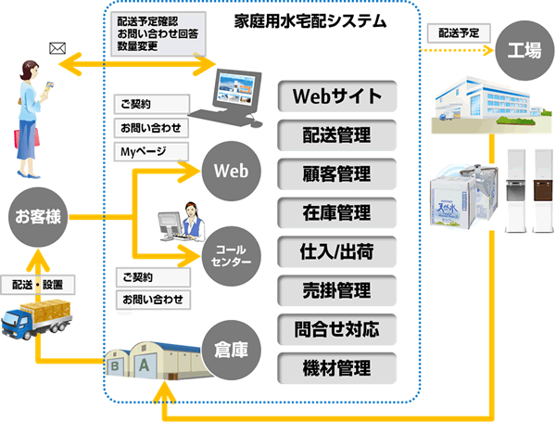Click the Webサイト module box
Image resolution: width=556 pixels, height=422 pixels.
336,96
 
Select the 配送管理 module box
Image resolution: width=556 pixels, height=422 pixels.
336,134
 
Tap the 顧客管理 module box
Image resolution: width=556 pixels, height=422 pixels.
336,173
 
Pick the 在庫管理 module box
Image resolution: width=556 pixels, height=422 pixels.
336,212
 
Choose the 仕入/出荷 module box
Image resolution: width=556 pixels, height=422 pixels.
336,251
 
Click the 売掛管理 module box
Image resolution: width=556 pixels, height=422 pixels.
336,290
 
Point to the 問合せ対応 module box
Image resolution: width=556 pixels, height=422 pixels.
336,328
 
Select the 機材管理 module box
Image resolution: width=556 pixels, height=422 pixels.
336,367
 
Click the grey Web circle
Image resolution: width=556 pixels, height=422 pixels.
233,172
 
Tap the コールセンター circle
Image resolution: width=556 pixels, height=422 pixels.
231,256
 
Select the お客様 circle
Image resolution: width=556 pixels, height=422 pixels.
38,218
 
